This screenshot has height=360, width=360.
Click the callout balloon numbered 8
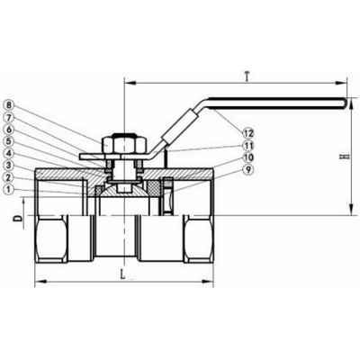tap(9, 104)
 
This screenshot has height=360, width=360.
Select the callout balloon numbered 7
tap(9, 117)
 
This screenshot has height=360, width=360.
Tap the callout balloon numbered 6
tap(9, 129)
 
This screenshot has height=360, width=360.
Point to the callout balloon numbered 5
tap(9, 140)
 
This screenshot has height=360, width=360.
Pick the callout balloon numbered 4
tap(9, 153)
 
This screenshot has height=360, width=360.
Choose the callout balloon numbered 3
tap(9, 165)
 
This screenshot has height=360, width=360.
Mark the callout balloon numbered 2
tap(9, 176)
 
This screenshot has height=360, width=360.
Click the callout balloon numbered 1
tap(9, 189)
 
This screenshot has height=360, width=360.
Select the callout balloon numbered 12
tap(248, 133)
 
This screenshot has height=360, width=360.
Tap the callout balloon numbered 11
tap(248, 145)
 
